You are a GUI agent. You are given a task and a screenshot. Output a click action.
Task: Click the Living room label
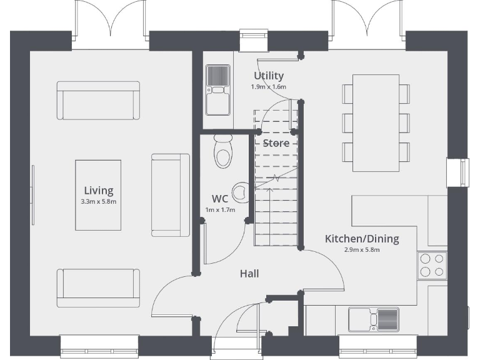(99, 191)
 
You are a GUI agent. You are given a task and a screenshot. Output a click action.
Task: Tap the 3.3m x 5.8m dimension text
(99, 202)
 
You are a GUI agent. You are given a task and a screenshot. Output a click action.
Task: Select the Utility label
(268, 76)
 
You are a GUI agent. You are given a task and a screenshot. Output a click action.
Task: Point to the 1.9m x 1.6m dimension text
(268, 87)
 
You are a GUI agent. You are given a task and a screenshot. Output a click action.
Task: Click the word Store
(276, 143)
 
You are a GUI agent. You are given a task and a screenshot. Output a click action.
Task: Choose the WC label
(219, 198)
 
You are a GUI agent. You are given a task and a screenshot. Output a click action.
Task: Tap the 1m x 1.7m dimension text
(220, 209)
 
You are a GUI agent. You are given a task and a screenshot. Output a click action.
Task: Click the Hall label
(249, 273)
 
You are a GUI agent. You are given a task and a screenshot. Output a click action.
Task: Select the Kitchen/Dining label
(361, 238)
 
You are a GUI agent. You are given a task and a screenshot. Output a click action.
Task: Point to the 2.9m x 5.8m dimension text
(361, 249)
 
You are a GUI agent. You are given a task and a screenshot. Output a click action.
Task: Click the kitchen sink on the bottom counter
(373, 318)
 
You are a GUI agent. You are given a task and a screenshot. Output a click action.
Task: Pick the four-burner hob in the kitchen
(432, 264)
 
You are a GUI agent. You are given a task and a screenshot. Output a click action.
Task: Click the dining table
(376, 122)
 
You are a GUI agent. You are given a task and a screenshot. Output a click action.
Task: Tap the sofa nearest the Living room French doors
(97, 100)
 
